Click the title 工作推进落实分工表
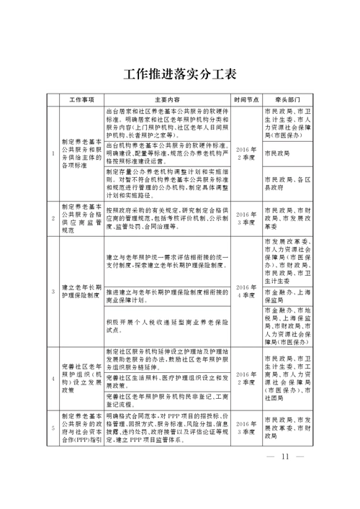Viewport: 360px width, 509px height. coord(180,74)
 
